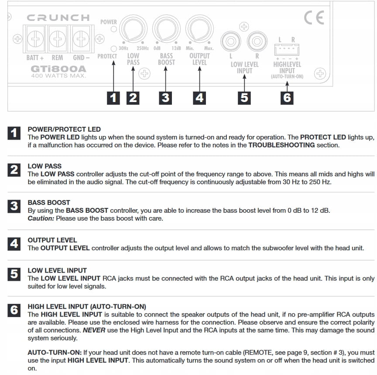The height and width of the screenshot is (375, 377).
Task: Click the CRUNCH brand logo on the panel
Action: [x=58, y=18]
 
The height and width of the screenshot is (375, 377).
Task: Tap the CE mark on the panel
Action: [x=314, y=18]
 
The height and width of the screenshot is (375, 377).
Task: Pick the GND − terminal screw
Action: [x=80, y=41]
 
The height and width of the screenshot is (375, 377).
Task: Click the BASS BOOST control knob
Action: [x=166, y=29]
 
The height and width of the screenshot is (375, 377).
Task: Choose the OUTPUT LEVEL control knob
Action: [x=199, y=29]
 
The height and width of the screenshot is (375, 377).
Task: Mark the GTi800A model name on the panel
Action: [x=58, y=69]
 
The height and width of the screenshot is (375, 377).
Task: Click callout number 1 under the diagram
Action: [x=113, y=97]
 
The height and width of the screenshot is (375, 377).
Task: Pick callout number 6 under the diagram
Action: [x=287, y=97]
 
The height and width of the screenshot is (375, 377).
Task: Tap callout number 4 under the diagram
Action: [x=199, y=97]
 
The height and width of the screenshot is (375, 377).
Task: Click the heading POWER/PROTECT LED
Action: [x=64, y=130]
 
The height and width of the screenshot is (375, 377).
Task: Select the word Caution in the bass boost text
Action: [x=40, y=218]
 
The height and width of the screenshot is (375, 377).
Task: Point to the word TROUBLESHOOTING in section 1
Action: [x=281, y=145]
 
